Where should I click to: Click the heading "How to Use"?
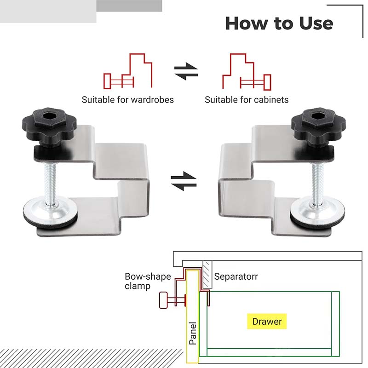point(279,23)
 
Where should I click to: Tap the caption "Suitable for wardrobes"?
point(128,99)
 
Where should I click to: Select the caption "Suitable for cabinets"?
point(247,99)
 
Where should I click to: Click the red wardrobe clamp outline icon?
point(128,72)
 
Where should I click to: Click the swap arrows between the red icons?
point(186,72)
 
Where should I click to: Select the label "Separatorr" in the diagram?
point(236,276)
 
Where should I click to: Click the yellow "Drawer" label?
point(267,321)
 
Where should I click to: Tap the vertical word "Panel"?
point(193,333)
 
